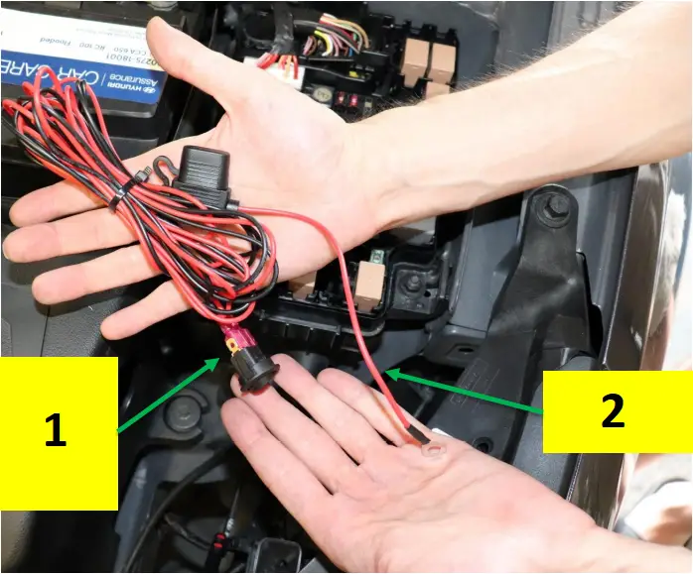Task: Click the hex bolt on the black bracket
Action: (x=558, y=206)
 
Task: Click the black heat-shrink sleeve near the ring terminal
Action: (x=414, y=433)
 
